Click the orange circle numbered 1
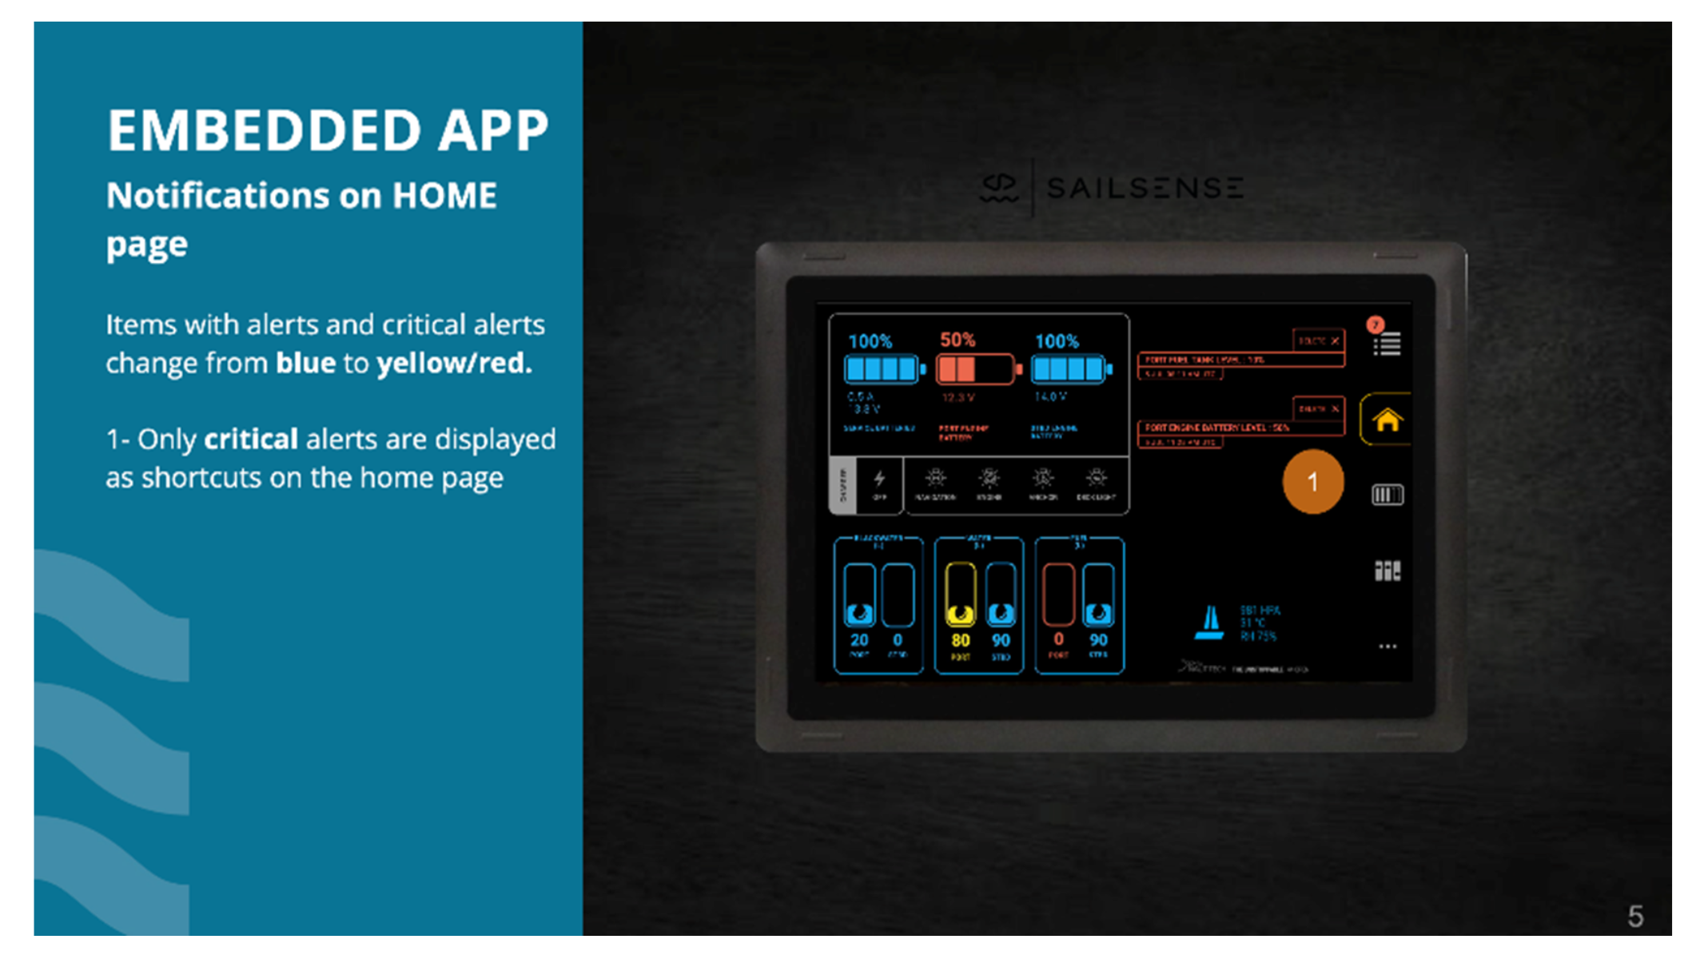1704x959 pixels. (1312, 482)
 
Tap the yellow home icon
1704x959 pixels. (1387, 420)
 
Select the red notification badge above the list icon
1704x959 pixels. (1375, 324)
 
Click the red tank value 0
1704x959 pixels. (1058, 639)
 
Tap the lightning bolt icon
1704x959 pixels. (879, 479)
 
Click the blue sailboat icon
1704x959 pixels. (1209, 623)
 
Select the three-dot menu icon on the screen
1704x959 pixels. (1387, 647)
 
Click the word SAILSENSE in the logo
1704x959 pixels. (1145, 189)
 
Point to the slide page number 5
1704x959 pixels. (1635, 916)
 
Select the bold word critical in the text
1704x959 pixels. (251, 439)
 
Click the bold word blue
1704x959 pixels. (305, 364)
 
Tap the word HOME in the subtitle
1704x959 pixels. (444, 196)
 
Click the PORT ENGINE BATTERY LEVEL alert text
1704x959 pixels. (1216, 428)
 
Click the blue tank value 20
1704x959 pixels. (859, 640)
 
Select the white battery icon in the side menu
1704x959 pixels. (1387, 495)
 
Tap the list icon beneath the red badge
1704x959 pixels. (1388, 345)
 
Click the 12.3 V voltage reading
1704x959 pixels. (958, 397)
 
